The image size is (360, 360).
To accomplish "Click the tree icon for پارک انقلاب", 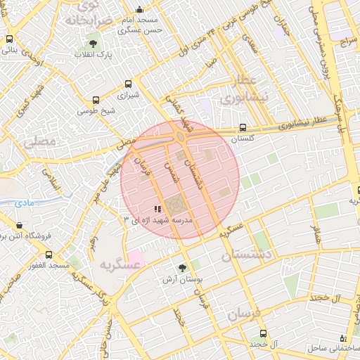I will (x=93, y=45).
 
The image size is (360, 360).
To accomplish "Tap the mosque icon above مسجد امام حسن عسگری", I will (x=139, y=10).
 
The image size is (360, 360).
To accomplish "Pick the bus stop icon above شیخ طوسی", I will (x=96, y=101).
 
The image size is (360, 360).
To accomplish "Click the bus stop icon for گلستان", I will (x=243, y=128).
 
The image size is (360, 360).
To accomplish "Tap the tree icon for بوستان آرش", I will (x=183, y=268).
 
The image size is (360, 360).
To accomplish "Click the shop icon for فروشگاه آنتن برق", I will (x=18, y=226).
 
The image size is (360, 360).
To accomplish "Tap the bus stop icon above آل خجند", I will (x=263, y=333).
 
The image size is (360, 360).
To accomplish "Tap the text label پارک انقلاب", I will (x=93, y=55).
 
